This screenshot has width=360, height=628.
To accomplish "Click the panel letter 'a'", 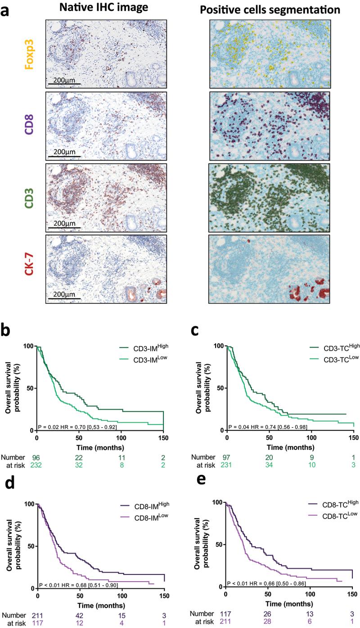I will [x=8, y=10].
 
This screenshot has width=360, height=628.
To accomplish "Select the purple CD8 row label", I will [x=30, y=126].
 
